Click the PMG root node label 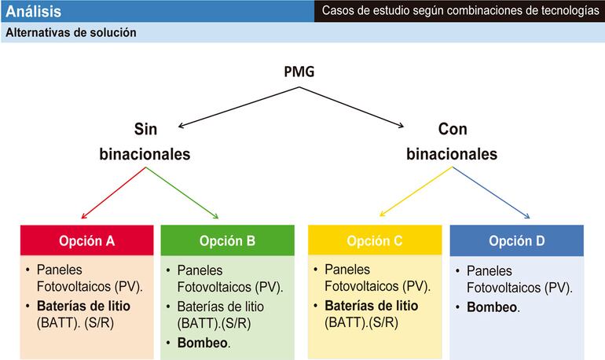coord(299,72)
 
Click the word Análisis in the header coord(33,12)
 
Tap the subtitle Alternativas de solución coord(71,33)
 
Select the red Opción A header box coord(87,241)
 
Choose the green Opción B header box coord(227,241)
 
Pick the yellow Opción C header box coord(374,241)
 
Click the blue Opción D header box coord(516,241)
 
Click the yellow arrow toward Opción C coord(413,194)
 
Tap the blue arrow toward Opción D coord(497,194)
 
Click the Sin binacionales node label coord(145,141)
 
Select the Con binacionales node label coord(452,141)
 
